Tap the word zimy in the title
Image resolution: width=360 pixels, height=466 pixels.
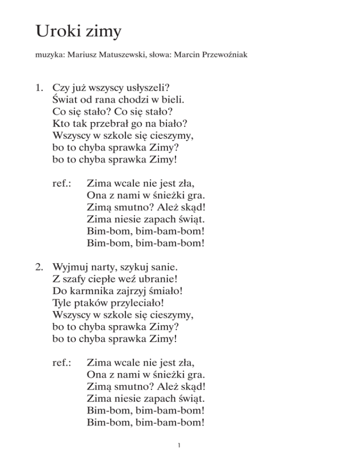click(x=104, y=34)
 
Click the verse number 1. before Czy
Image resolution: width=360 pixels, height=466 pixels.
click(x=41, y=87)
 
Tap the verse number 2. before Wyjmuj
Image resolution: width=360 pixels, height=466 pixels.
click(x=41, y=269)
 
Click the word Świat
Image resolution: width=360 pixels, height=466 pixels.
click(x=64, y=99)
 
